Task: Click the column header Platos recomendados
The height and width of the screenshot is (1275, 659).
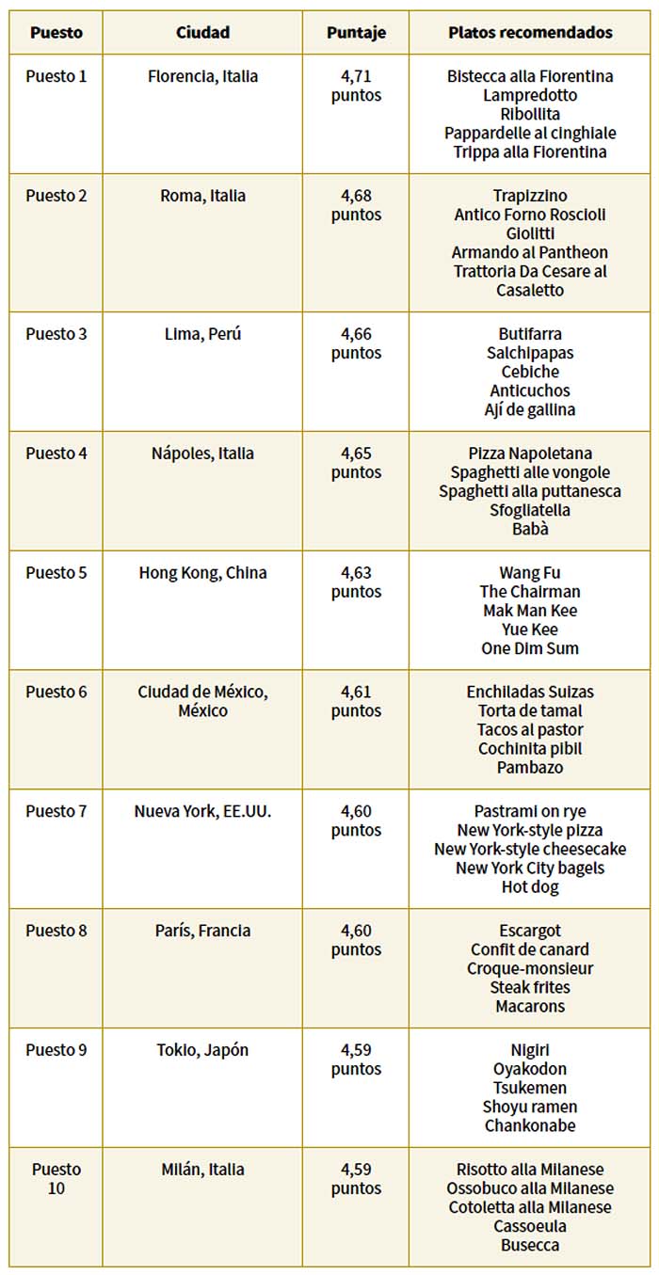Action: [530, 32]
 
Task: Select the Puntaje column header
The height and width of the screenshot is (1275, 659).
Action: [355, 32]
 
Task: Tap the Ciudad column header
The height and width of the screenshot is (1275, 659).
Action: [202, 32]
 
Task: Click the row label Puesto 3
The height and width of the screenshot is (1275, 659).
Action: [56, 334]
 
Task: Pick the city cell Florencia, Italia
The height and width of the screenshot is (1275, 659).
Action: [202, 76]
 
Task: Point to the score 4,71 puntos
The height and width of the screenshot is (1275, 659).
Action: [356, 86]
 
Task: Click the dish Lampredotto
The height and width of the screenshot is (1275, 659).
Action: [530, 95]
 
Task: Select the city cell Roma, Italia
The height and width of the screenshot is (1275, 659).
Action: [202, 196]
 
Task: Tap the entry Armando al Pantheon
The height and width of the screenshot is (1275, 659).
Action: [530, 252]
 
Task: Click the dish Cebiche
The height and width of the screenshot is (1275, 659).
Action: [530, 372]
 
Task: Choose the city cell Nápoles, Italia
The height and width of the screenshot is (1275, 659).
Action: [202, 454]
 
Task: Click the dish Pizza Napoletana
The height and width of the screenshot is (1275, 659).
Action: [530, 454]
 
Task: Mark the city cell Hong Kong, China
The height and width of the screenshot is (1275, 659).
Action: [202, 572]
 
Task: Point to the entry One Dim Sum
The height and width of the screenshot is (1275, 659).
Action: [530, 648]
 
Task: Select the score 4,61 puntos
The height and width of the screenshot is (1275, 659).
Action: [356, 701]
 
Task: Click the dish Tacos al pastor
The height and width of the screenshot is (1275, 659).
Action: [530, 729]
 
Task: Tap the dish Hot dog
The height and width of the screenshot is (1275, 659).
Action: [530, 886]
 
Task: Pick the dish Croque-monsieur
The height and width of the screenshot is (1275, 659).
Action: [530, 968]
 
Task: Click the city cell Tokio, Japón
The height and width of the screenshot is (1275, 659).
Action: [202, 1050]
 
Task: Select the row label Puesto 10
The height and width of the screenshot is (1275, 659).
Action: [56, 1179]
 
